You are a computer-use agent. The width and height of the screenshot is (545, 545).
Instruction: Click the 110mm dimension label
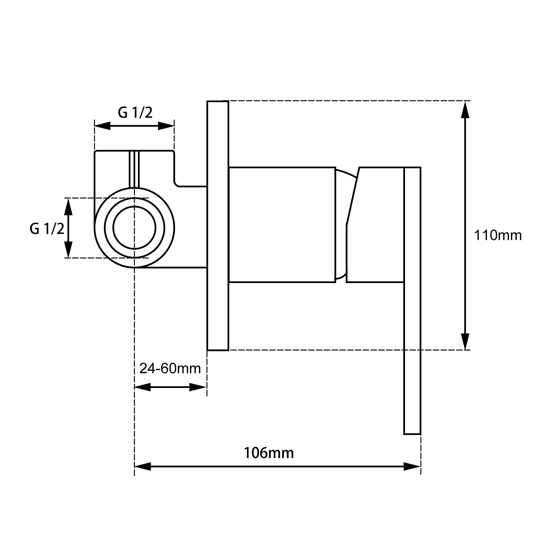click(498, 235)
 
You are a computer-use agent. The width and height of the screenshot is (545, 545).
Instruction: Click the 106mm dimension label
click(268, 453)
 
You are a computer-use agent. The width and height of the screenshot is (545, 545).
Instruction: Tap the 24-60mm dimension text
click(170, 368)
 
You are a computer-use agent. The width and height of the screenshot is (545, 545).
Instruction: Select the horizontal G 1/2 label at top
click(135, 112)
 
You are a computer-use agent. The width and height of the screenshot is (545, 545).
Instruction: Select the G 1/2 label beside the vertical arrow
click(47, 229)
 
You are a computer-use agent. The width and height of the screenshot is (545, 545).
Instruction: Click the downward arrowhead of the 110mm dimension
click(465, 341)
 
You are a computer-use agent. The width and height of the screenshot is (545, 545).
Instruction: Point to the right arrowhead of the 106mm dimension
click(412, 466)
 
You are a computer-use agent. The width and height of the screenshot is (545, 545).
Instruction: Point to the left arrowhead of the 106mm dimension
click(143, 466)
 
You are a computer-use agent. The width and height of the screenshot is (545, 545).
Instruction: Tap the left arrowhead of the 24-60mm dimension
click(143, 387)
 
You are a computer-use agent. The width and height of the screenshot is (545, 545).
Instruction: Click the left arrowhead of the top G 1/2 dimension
click(103, 126)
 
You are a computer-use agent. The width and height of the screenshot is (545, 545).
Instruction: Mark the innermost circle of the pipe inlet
click(135, 228)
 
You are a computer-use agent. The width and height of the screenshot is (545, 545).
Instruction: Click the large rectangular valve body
click(282, 225)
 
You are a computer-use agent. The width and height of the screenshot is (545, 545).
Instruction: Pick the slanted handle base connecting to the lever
click(375, 225)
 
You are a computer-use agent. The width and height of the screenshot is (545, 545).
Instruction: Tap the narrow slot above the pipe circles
click(134, 169)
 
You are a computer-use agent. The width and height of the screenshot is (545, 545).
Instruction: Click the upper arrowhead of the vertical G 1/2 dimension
click(68, 206)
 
